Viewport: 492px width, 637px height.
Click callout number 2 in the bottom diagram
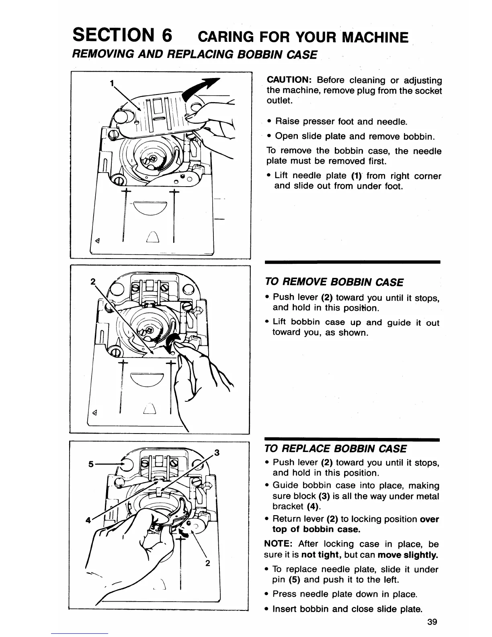[208, 563]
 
